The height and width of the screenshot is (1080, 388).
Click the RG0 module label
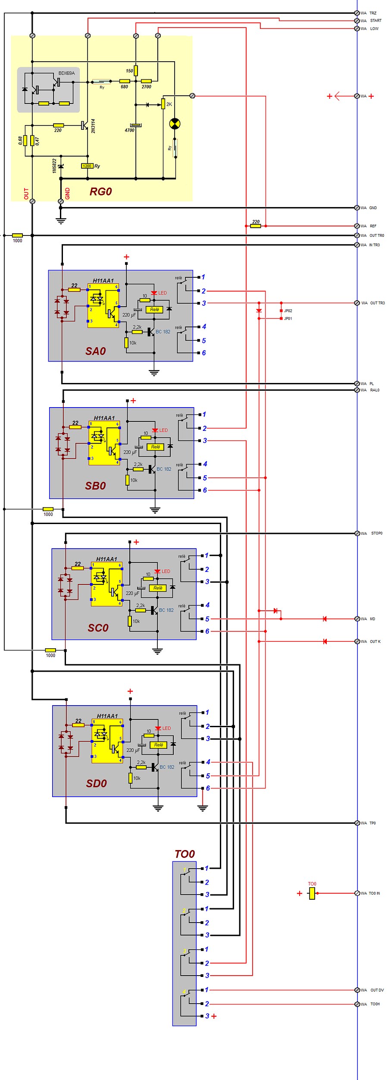click(x=100, y=192)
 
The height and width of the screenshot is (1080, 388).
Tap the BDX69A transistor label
click(x=66, y=73)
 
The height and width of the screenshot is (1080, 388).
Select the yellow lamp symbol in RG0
click(x=175, y=124)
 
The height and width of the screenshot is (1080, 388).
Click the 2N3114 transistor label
click(x=93, y=126)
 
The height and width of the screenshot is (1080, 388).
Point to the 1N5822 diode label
click(x=54, y=166)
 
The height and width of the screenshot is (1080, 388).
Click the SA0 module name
click(x=95, y=351)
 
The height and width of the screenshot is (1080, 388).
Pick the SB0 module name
click(x=95, y=486)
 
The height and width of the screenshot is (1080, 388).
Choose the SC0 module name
click(x=98, y=628)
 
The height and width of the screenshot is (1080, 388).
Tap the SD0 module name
click(x=96, y=783)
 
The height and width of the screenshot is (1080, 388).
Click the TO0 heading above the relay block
click(x=185, y=854)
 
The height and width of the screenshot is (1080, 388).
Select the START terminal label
click(x=375, y=21)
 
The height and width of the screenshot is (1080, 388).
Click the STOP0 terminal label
click(x=376, y=534)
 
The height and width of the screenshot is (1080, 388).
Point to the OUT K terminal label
click(x=375, y=641)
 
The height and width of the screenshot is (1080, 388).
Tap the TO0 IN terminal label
click(x=374, y=893)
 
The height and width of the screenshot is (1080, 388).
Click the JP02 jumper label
click(x=288, y=311)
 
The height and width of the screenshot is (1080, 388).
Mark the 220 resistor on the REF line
click(x=256, y=226)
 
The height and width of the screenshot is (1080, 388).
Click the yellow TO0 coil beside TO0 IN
click(x=312, y=893)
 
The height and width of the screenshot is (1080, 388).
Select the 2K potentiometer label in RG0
click(x=169, y=104)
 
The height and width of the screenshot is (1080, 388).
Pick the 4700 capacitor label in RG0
click(x=129, y=130)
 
